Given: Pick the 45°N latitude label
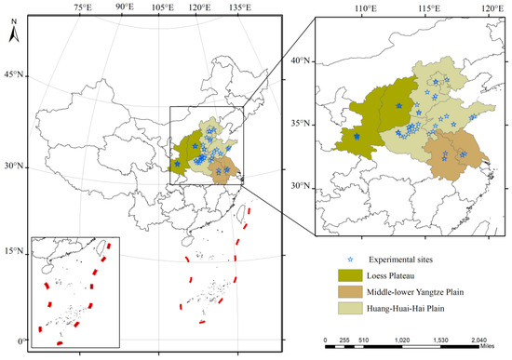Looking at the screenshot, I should coord(11,74).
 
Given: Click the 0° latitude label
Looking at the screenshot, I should coord(13,341).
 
